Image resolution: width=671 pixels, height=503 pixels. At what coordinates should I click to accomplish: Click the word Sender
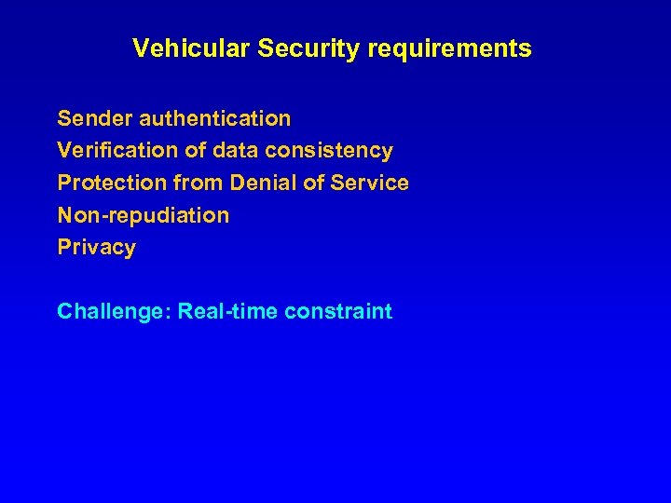pos(95,118)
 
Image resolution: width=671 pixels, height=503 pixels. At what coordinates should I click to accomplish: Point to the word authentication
pos(215,118)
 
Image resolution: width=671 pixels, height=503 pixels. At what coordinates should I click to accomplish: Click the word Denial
pos(264,183)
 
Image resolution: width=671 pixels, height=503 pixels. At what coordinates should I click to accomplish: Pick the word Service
pos(370,183)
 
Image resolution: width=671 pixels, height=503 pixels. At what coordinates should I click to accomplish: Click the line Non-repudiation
pos(143,215)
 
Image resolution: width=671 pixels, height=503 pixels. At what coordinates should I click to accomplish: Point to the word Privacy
pos(96,248)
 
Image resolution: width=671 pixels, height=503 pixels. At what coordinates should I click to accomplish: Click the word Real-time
pos(228,311)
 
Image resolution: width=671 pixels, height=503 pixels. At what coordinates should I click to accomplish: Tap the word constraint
pos(338,311)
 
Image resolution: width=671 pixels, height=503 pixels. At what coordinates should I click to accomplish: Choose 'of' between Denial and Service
pos(314,183)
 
